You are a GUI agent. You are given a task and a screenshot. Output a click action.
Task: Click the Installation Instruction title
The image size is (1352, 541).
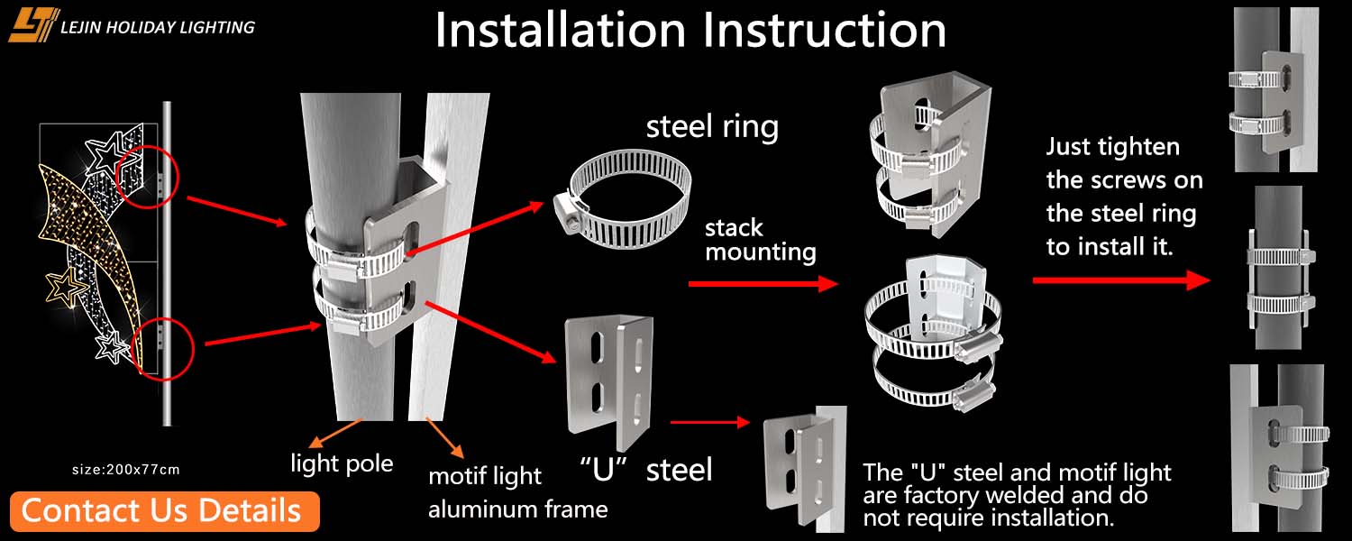[690, 30]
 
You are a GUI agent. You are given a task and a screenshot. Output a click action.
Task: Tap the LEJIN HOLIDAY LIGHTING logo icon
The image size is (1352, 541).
[33, 24]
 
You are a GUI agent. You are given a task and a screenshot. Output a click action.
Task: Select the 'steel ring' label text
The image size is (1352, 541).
[712, 126]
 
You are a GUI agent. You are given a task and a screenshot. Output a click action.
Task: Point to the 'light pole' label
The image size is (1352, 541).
[342, 463]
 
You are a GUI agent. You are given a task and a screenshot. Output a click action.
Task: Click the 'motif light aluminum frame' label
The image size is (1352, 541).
[517, 492]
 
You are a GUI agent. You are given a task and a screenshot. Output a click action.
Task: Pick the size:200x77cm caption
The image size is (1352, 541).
[126, 469]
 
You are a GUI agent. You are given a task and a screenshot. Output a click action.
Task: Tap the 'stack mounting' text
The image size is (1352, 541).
[760, 239]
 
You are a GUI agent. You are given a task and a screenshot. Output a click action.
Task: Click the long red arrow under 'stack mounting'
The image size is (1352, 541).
[763, 284]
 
